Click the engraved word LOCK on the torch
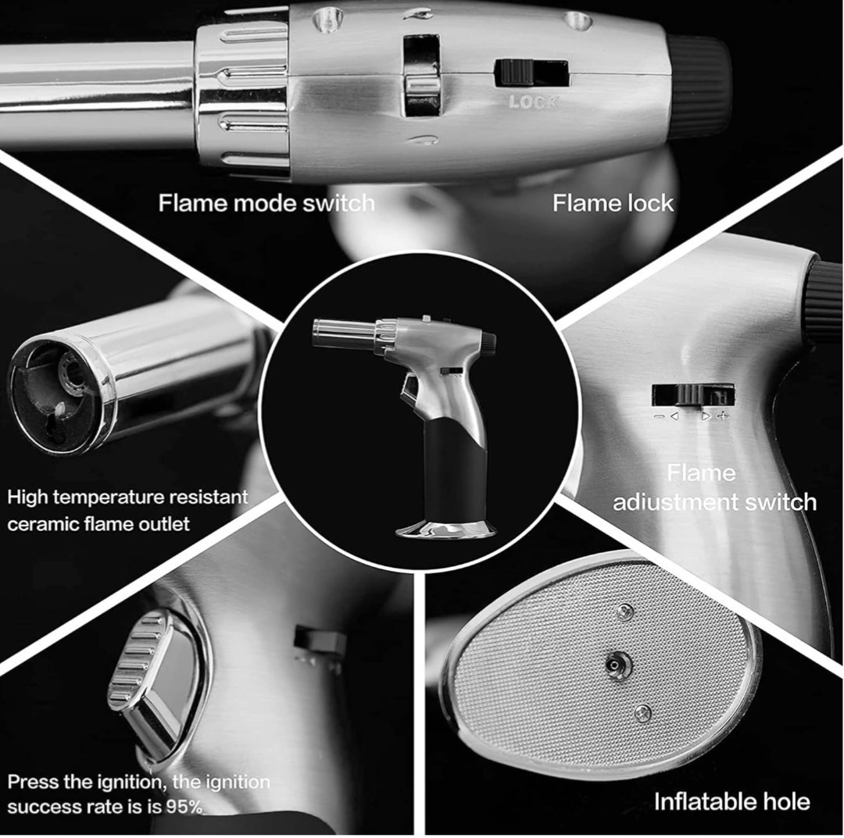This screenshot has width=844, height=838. pyautogui.click(x=534, y=102)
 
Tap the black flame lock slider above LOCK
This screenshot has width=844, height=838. pyautogui.click(x=514, y=72)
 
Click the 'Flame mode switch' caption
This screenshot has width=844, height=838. pyautogui.click(x=266, y=203)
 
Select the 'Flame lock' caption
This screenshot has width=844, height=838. pyautogui.click(x=613, y=203)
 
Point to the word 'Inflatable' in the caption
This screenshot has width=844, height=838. pyautogui.click(x=697, y=801)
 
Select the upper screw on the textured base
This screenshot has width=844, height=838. pyautogui.click(x=625, y=611)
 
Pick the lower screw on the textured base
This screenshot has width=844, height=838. pyautogui.click(x=642, y=713)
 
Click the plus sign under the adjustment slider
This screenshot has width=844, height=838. pyautogui.click(x=724, y=415)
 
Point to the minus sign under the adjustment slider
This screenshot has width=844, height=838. pyautogui.click(x=659, y=416)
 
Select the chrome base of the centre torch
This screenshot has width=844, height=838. pyautogui.click(x=446, y=530)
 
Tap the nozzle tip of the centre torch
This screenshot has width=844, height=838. pyautogui.click(x=317, y=333)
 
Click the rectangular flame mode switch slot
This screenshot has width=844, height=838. pyautogui.click(x=421, y=74)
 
